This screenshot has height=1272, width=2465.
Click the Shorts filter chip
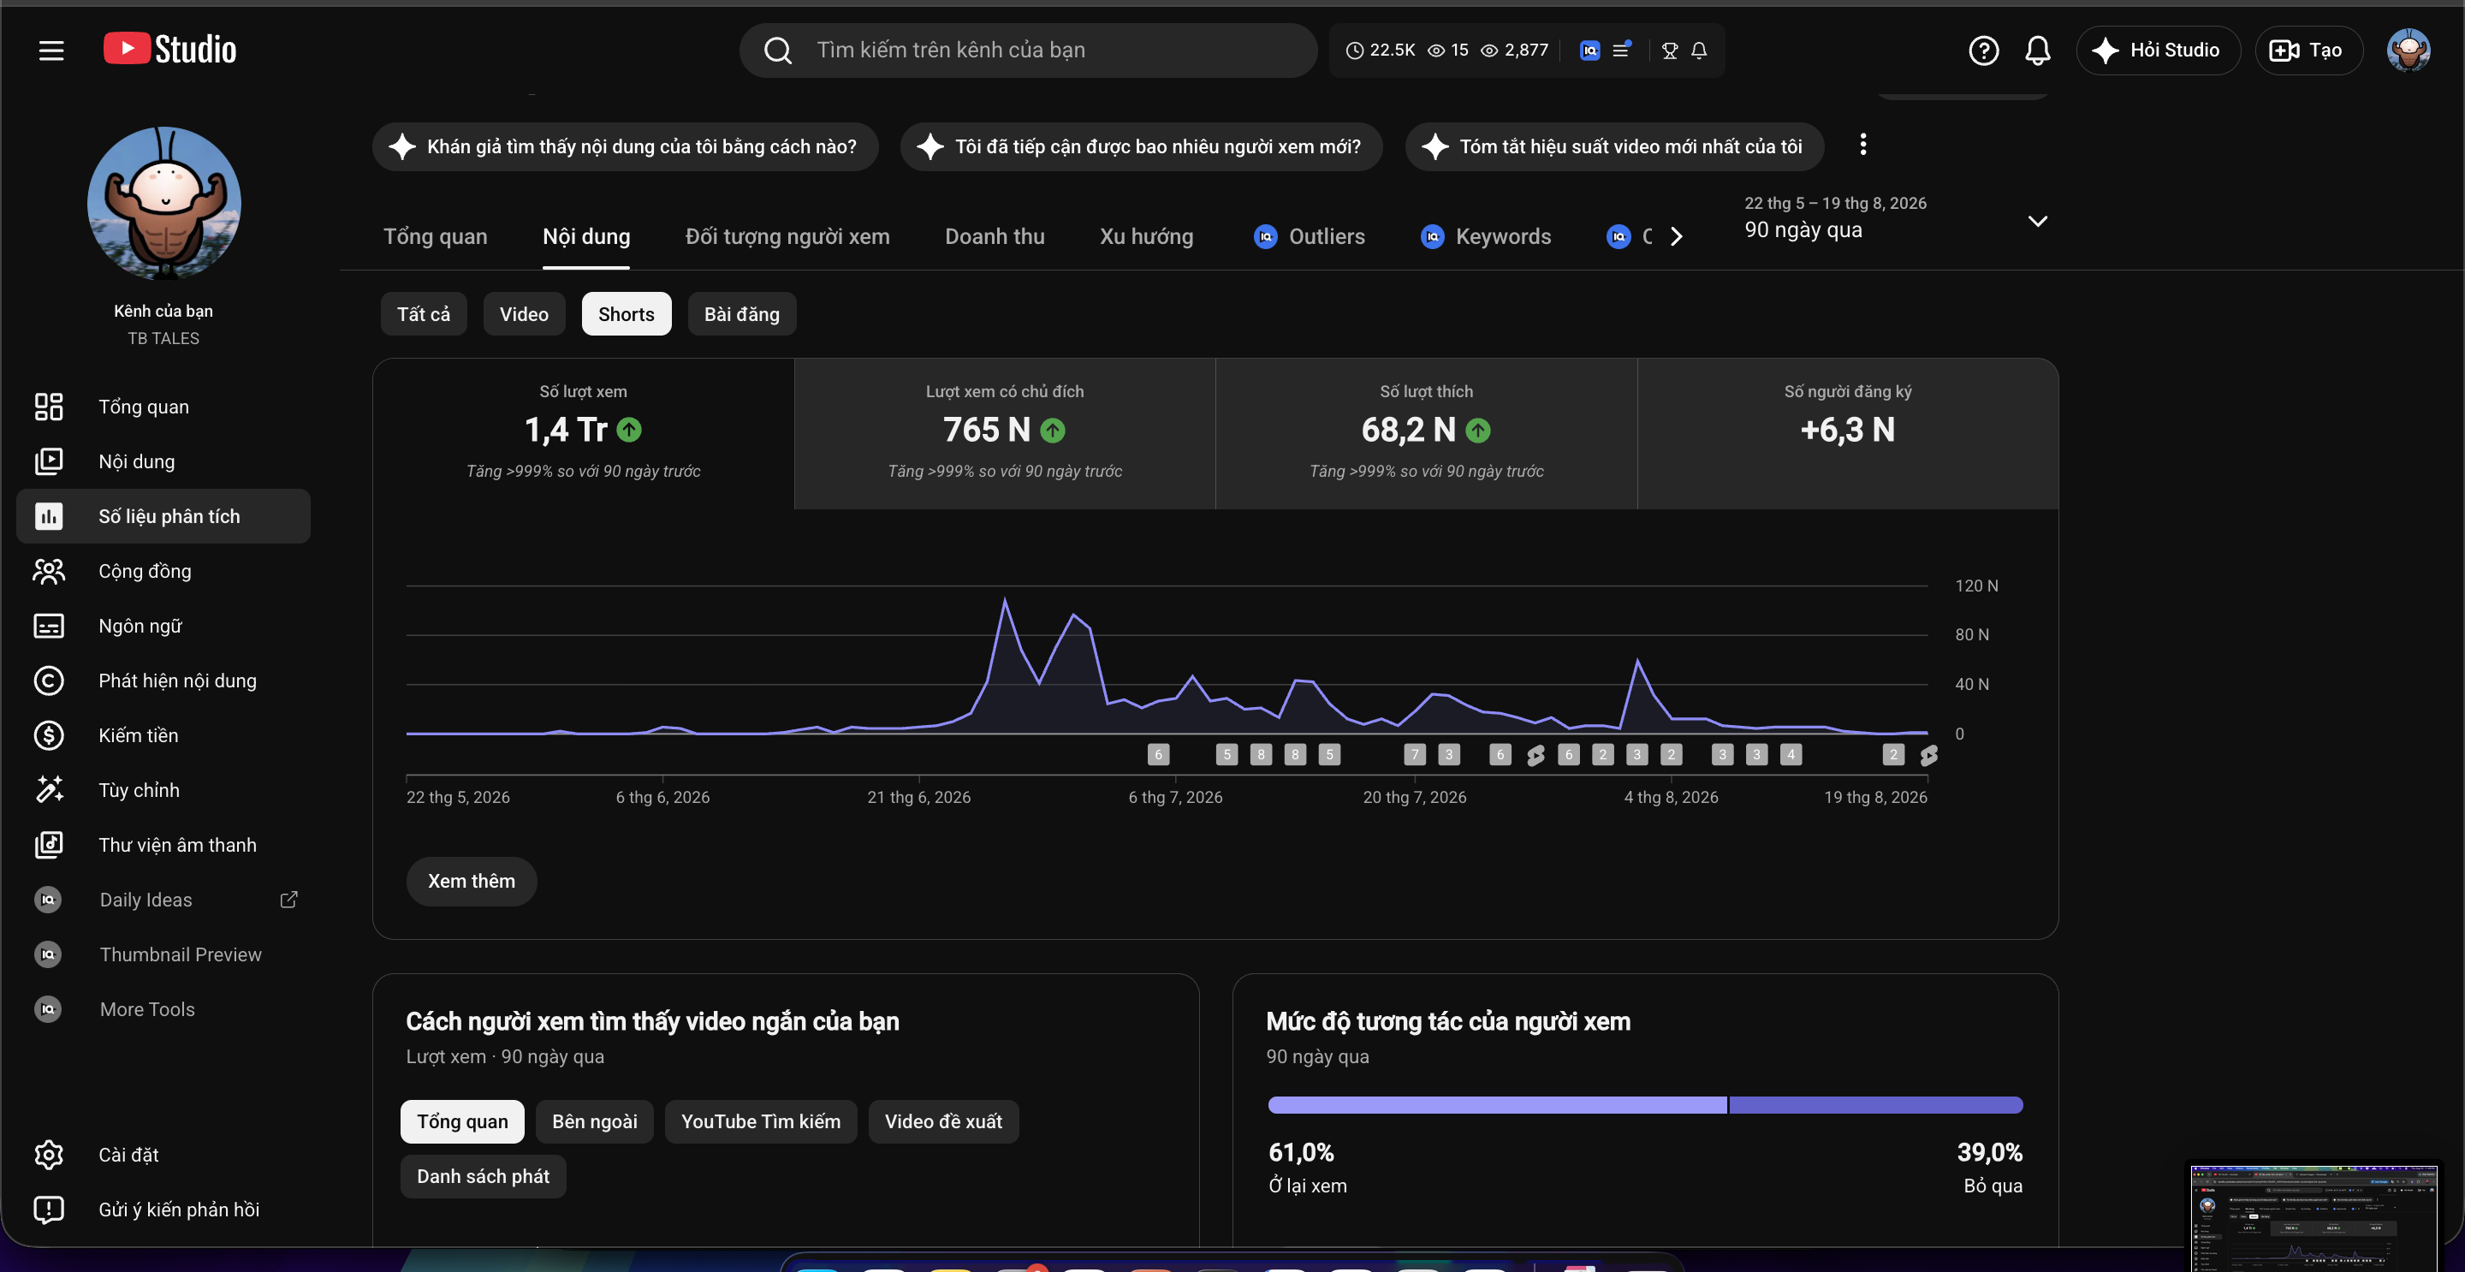pyautogui.click(x=626, y=314)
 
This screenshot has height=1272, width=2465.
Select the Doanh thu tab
pyautogui.click(x=995, y=236)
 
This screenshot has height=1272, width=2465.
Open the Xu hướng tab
pyautogui.click(x=1145, y=236)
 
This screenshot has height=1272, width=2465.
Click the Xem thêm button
pyautogui.click(x=471, y=881)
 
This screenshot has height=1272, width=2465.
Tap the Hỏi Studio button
pyautogui.click(x=2158, y=50)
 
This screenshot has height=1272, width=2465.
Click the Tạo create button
pyautogui.click(x=2308, y=50)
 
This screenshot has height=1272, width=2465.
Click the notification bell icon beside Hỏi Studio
pyautogui.click(x=2037, y=50)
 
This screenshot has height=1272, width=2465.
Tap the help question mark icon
pyautogui.click(x=1983, y=50)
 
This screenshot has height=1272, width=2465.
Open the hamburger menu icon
pyautogui.click(x=51, y=50)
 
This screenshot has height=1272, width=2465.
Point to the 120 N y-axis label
pyautogui.click(x=1976, y=585)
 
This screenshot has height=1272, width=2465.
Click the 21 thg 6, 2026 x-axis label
pyautogui.click(x=918, y=797)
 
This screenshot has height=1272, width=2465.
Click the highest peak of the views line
pyautogui.click(x=1005, y=599)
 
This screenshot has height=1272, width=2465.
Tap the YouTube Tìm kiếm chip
pyautogui.click(x=761, y=1121)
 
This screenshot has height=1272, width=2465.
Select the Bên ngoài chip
pyautogui.click(x=594, y=1121)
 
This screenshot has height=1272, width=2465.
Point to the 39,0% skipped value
pyautogui.click(x=1989, y=1152)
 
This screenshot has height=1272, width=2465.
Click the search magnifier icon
pyautogui.click(x=778, y=50)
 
